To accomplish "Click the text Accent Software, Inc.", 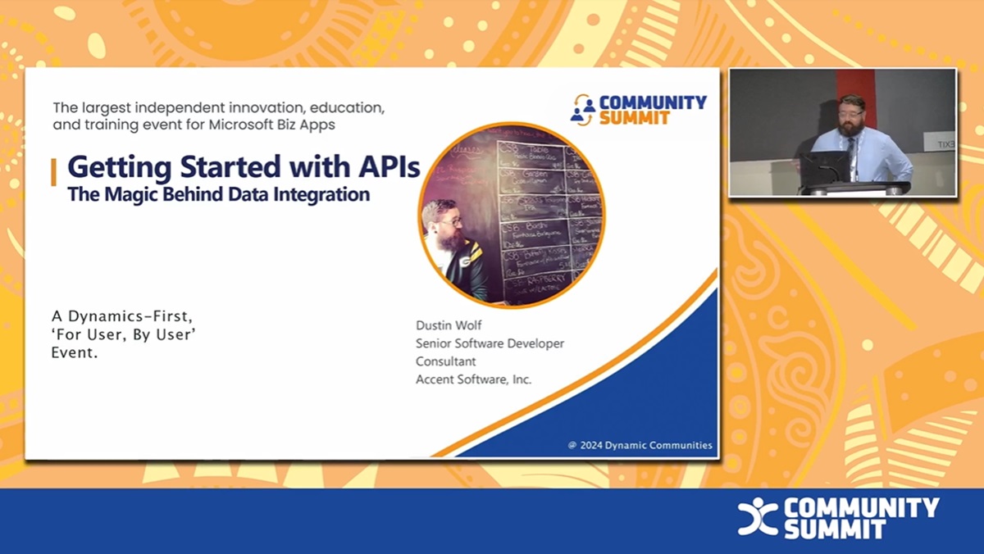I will (473, 379).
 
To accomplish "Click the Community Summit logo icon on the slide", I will (583, 109).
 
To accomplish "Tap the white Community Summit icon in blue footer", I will (757, 517).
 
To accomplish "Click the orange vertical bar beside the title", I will (54, 172).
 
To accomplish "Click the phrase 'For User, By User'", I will (123, 335).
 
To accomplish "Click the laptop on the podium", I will (824, 168).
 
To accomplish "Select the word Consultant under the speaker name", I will (445, 361).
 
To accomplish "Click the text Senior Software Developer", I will (490, 343).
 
